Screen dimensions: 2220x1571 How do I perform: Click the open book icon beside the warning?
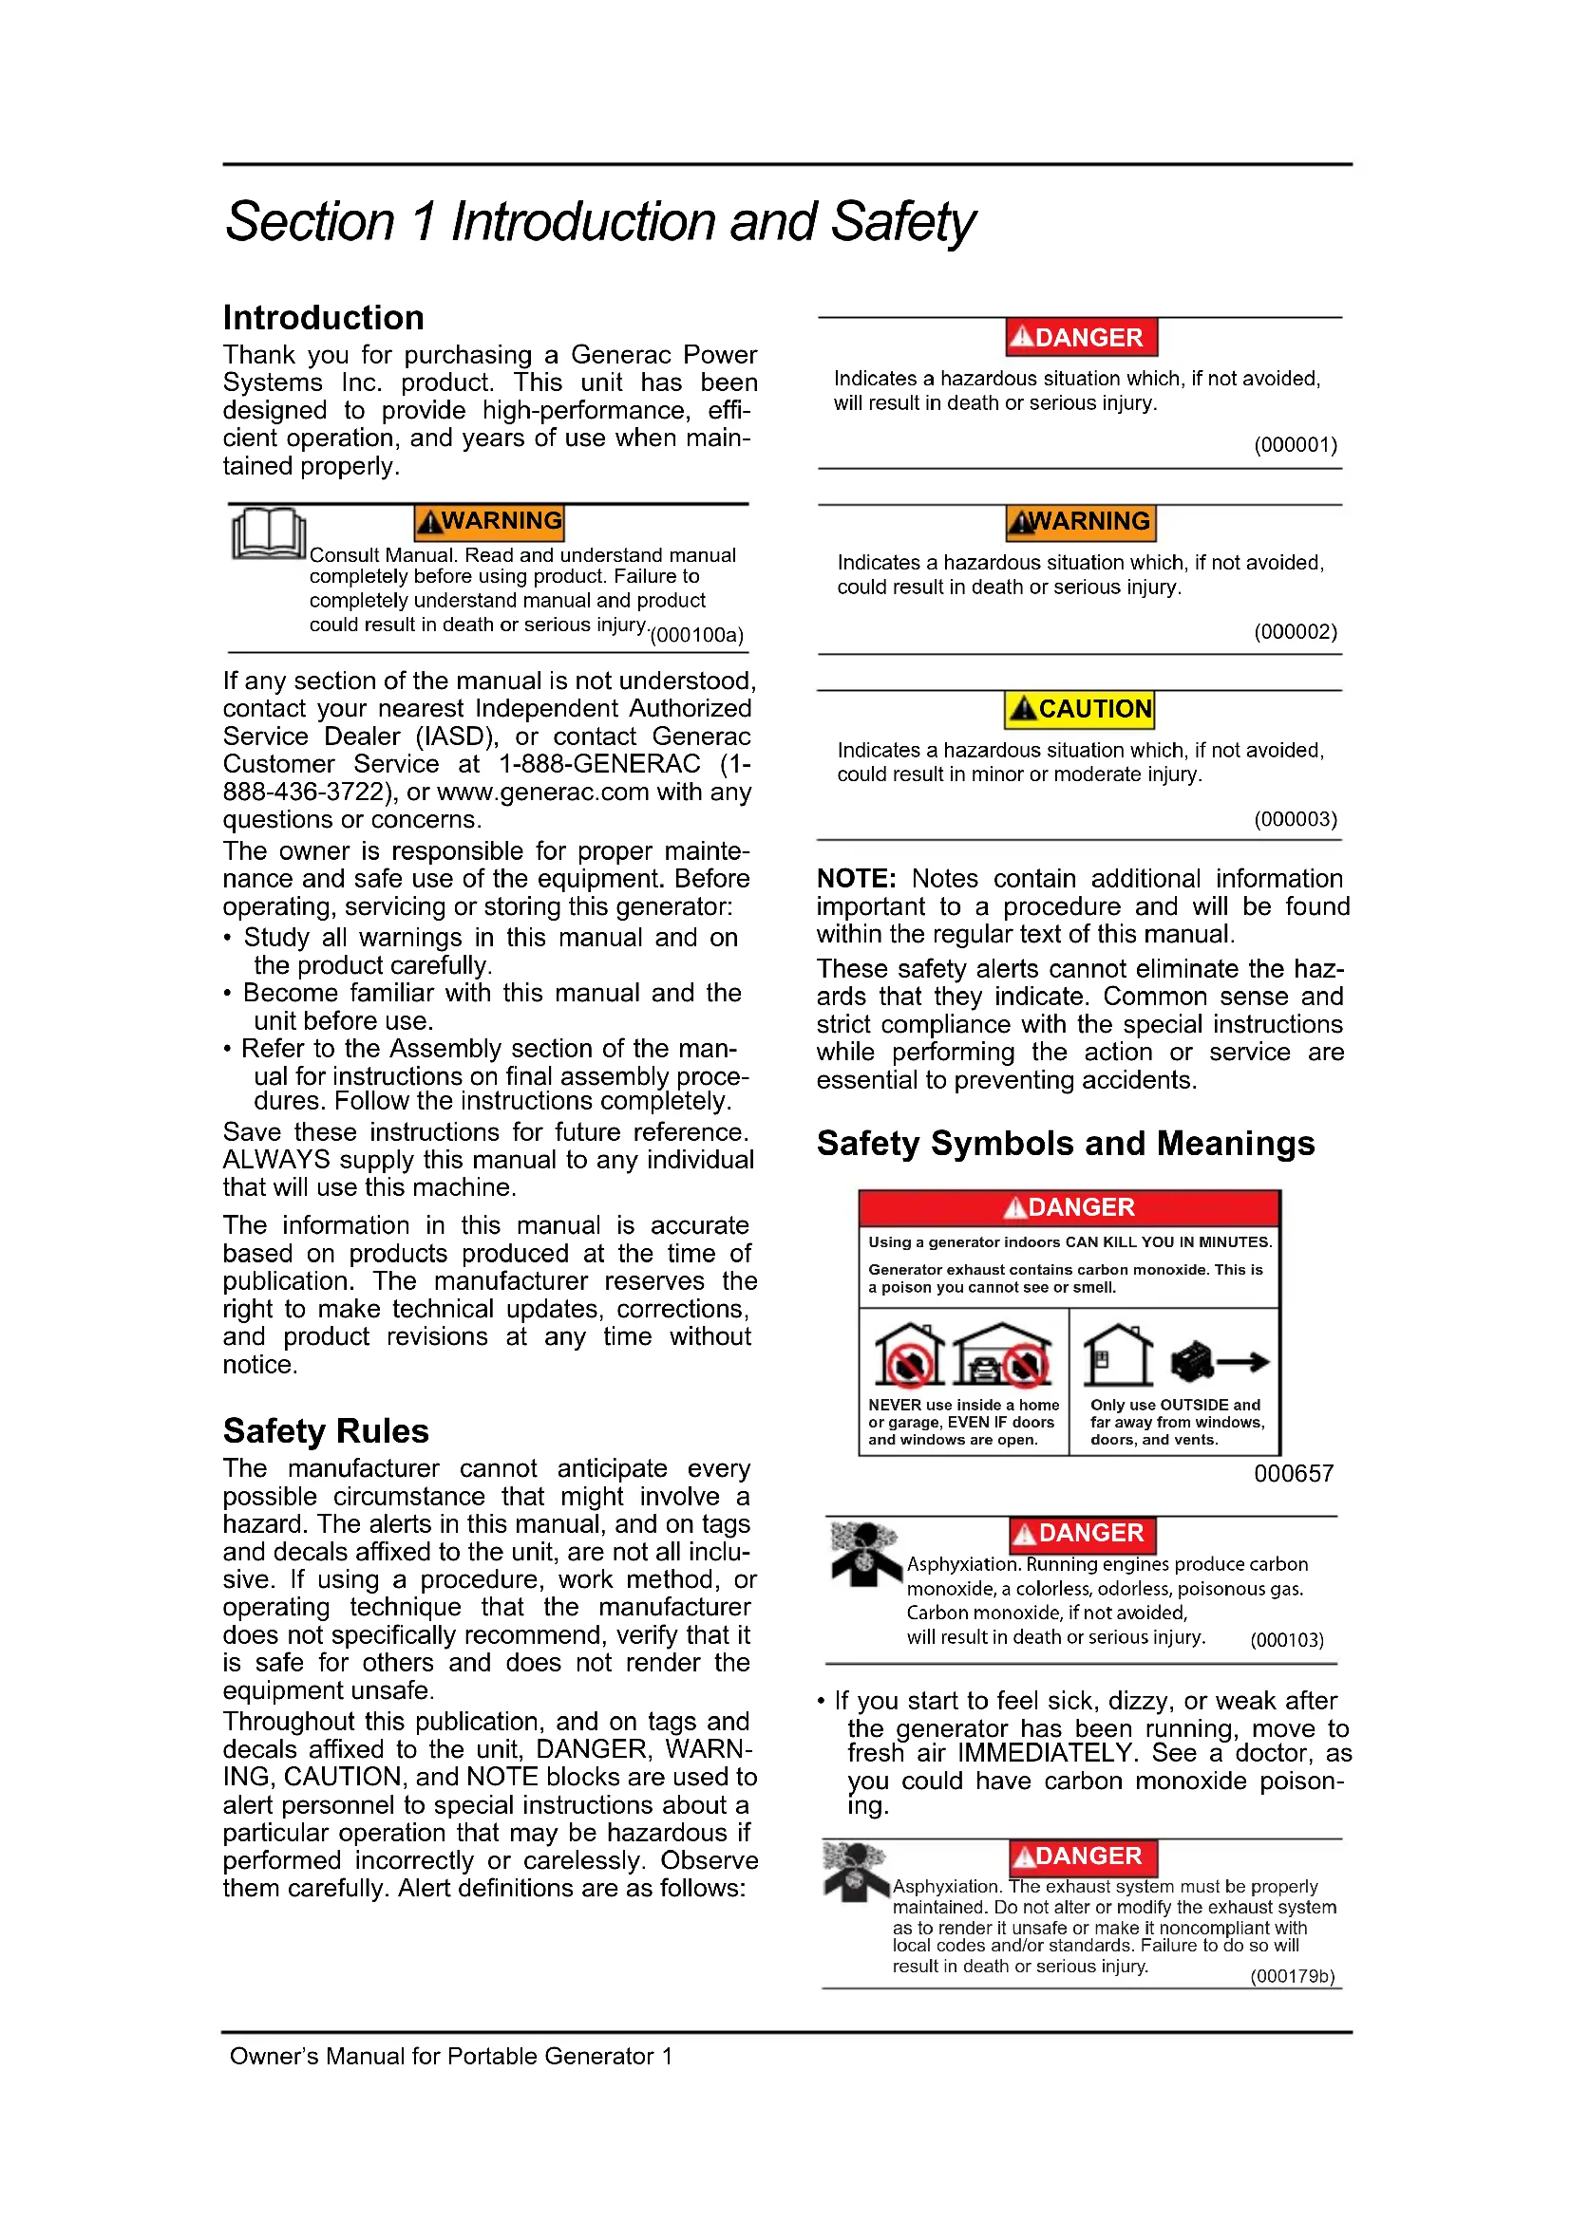point(268,532)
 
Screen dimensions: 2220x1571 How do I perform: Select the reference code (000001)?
point(1296,445)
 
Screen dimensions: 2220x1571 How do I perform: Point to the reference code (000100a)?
point(696,635)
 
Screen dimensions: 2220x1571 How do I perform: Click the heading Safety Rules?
point(325,1430)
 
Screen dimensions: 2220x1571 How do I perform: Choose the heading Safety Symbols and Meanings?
point(1065,1143)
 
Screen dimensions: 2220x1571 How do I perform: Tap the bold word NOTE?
point(856,878)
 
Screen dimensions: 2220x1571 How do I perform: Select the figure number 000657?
point(1294,1474)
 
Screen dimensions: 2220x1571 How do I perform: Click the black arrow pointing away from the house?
point(1243,1362)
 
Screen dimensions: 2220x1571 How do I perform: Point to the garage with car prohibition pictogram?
point(1002,1355)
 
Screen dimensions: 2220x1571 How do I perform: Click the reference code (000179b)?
point(1292,1976)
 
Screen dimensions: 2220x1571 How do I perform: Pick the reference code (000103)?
point(1287,1640)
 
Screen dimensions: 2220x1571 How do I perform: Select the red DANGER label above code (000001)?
point(1081,338)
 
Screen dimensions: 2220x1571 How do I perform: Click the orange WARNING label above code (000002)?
point(1081,522)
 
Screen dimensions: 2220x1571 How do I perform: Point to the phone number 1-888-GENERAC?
point(598,764)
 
